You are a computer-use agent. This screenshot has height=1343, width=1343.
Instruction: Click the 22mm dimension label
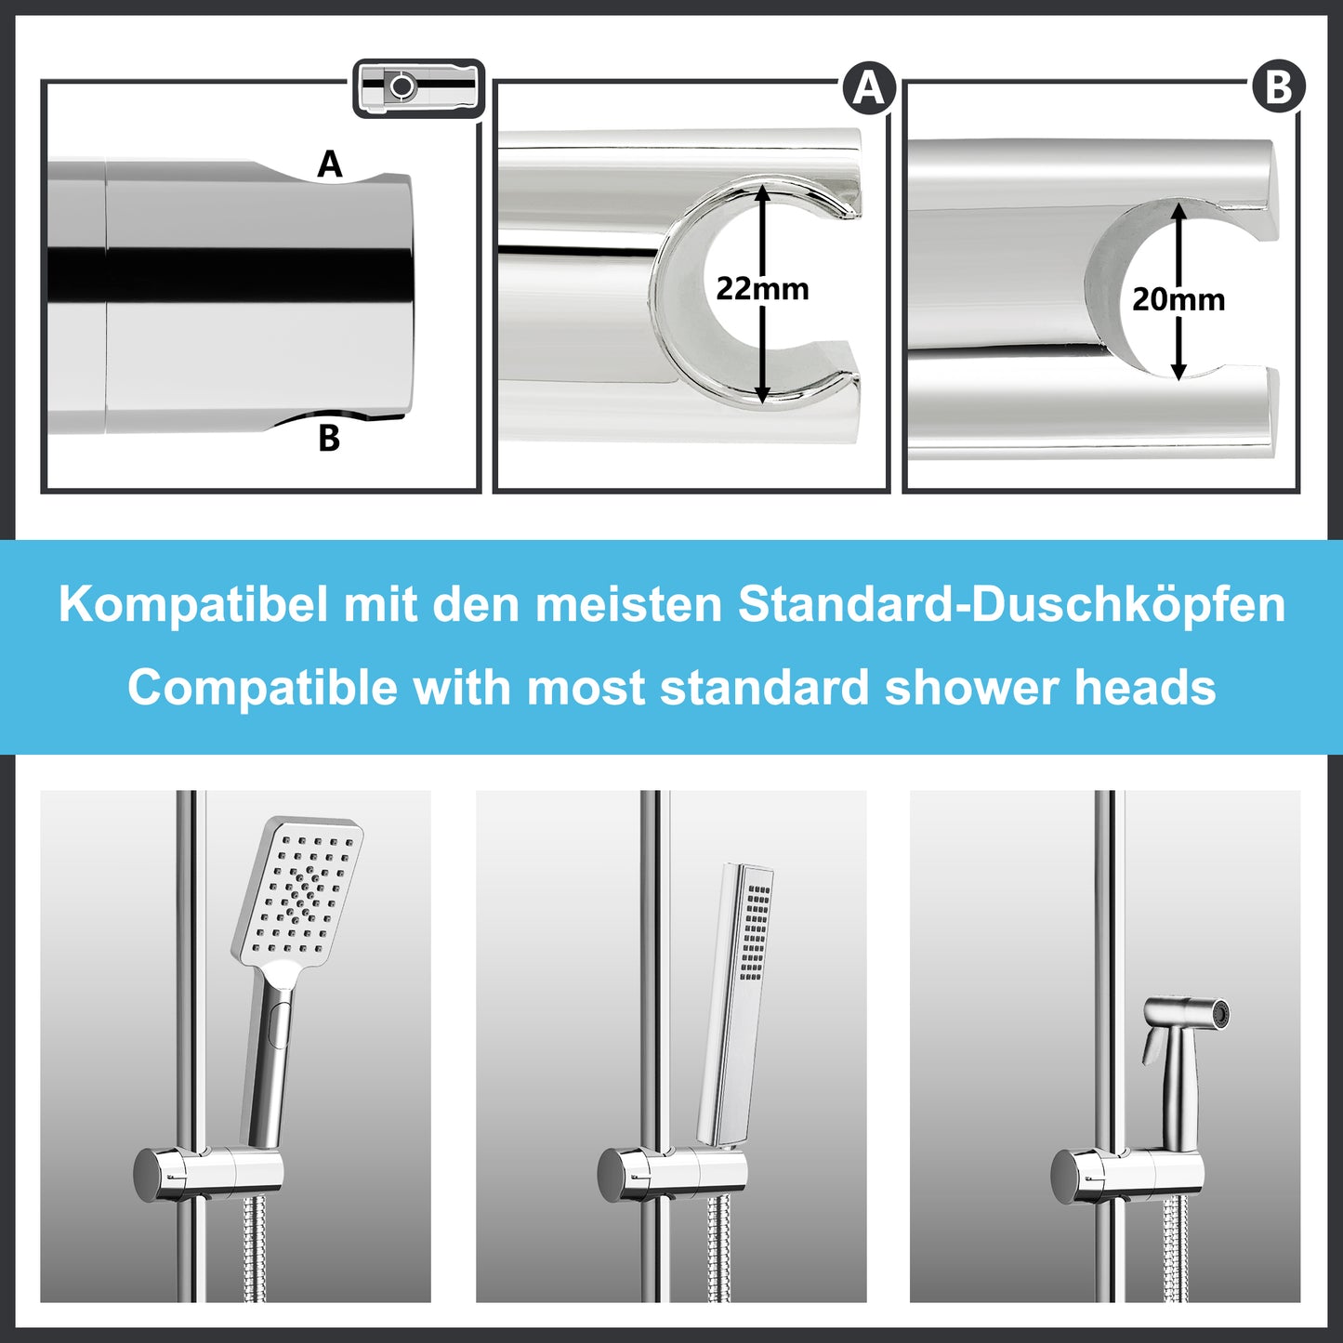(x=762, y=289)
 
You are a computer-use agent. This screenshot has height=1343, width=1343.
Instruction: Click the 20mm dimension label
(x=1178, y=299)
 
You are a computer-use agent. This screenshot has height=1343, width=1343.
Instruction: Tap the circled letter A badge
(x=868, y=88)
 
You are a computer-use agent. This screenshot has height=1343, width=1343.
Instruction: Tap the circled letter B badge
(x=1279, y=87)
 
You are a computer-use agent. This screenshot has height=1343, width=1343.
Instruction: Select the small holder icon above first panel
(x=419, y=88)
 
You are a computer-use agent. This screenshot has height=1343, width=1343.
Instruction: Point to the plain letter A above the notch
(x=330, y=165)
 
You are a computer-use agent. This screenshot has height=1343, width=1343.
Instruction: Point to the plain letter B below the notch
(x=329, y=438)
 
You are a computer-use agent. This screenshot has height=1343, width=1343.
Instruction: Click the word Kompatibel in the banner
(x=193, y=605)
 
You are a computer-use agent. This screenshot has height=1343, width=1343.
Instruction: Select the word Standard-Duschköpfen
(x=1011, y=605)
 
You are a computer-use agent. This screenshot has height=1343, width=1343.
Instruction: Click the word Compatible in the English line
(x=263, y=689)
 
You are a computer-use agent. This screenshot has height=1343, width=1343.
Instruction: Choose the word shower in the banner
(x=971, y=689)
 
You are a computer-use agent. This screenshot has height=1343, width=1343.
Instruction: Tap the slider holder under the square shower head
(x=208, y=1174)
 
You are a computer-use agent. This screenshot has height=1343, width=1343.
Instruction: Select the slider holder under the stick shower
(x=672, y=1174)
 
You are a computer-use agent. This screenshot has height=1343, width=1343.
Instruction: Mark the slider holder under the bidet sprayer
(x=1126, y=1174)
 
